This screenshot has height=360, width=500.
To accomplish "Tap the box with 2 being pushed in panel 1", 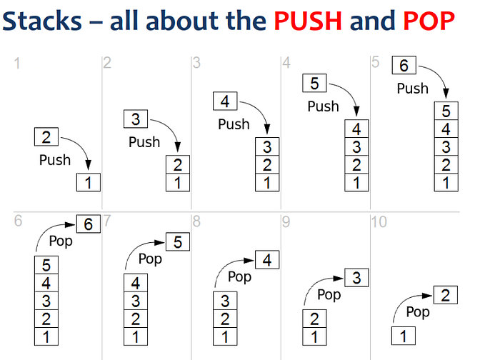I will (46, 136).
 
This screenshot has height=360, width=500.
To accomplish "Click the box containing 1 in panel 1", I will (89, 182).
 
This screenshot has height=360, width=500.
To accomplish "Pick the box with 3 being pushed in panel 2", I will (136, 119).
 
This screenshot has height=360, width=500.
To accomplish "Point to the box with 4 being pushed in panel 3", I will (225, 101).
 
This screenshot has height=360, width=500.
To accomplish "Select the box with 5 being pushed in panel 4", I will (314, 84).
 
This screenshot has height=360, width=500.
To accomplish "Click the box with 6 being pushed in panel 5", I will (404, 66).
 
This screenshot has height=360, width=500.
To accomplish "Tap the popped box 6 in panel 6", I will (88, 224).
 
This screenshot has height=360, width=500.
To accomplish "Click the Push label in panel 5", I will (412, 89).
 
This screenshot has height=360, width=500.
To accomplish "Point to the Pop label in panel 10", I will (418, 312).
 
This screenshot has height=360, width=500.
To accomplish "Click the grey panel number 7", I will (106, 222).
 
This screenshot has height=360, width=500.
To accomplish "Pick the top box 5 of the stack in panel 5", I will (446, 111).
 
